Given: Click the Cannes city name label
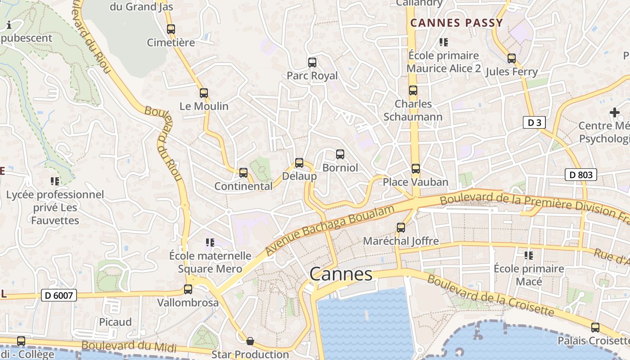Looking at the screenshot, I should click(341, 274).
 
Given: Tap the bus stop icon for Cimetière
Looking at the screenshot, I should click(171, 29).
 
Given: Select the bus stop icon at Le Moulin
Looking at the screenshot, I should click(204, 93).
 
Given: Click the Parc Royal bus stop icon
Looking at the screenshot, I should click(312, 63).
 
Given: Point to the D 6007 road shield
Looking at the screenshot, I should click(59, 296).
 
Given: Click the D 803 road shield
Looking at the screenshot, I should click(581, 175).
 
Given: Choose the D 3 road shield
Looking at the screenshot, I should click(535, 122).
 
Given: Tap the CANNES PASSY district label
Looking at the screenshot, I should click(456, 23).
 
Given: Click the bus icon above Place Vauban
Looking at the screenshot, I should click(415, 169).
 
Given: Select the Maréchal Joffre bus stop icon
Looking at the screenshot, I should click(400, 228).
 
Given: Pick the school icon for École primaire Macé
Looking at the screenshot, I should click(529, 256).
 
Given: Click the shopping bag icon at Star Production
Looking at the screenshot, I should click(250, 341).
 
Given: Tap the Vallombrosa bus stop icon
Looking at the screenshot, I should click(188, 289).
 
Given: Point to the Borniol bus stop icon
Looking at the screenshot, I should click(340, 154).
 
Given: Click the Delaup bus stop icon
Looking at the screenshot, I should click(299, 163).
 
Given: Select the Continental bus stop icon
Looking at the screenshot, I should click(243, 172).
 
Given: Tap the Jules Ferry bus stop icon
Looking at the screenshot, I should click(512, 58).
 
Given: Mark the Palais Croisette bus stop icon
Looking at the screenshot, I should click(595, 328).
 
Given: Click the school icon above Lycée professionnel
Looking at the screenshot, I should click(55, 181).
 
